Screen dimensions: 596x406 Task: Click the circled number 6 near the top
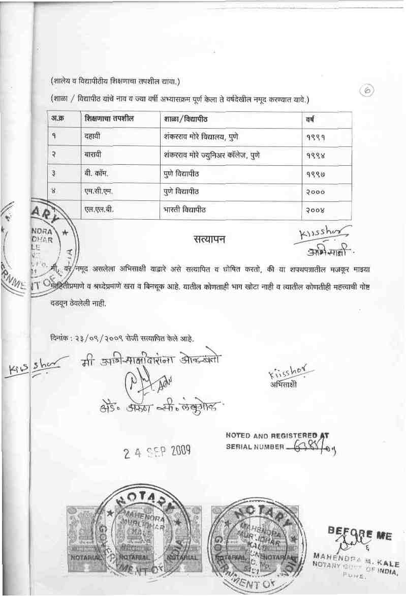point(367,90)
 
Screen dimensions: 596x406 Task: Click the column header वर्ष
point(309,120)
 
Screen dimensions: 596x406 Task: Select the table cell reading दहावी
point(92,137)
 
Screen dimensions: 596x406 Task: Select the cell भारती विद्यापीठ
point(181,209)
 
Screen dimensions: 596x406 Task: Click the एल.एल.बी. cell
point(99,209)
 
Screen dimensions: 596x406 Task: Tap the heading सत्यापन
point(209,238)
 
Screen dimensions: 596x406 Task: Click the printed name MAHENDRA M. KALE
point(356,554)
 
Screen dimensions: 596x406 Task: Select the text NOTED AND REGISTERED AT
point(277,435)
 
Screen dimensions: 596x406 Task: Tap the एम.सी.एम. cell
point(99,191)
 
